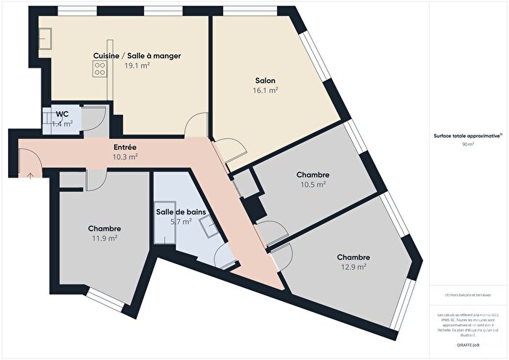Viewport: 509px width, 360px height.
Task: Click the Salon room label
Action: coord(265,80)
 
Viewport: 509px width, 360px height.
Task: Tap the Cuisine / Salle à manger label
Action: coord(137,55)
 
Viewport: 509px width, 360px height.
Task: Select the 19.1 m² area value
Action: coord(137,65)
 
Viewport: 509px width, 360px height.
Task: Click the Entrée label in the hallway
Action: coord(125,148)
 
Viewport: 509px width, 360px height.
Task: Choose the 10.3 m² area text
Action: coord(125,156)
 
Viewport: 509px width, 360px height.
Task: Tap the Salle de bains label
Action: coord(180,212)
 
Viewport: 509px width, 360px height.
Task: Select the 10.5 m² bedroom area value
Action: coord(313,185)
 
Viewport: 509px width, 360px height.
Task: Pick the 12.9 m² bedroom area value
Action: coord(353,267)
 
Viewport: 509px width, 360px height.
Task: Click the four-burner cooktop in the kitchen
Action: coord(99,69)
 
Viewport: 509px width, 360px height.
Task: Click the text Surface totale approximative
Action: coord(462,136)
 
